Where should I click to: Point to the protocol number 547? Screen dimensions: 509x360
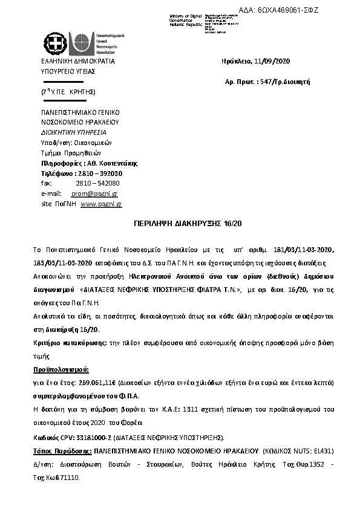pyautogui.click(x=265, y=80)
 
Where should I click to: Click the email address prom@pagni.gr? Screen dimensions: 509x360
pyautogui.click(x=94, y=193)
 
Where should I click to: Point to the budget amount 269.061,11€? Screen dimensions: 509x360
pyautogui.click(x=90, y=383)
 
